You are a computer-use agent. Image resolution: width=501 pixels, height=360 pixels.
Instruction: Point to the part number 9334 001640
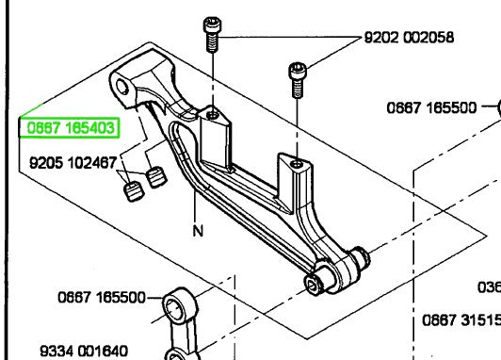(x=83, y=351)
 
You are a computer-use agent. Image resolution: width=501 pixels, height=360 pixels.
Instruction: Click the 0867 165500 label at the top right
(x=432, y=107)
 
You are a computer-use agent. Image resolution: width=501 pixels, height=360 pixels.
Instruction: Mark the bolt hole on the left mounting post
(x=216, y=118)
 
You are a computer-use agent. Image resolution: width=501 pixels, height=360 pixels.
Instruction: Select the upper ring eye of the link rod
(x=176, y=307)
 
